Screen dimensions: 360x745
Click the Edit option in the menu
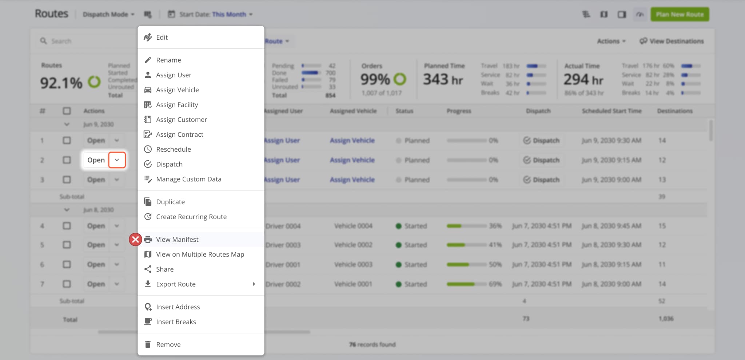162,37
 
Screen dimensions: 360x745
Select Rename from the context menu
168,60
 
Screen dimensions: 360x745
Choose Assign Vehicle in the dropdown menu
177,90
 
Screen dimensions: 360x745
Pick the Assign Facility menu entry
177,105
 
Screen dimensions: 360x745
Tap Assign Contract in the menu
179,135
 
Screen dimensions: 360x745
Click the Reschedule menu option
173,150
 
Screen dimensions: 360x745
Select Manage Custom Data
188,179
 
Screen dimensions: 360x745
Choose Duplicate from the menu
170,202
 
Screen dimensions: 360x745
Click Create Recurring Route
191,217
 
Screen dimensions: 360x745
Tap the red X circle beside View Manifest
135,240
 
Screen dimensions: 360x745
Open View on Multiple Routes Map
200,255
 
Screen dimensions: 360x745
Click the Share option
164,269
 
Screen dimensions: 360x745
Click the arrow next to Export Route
254,284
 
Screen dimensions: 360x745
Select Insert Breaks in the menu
176,322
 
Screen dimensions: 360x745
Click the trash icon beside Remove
148,345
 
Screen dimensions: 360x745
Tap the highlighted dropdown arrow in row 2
117,160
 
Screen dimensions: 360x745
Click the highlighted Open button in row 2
96,160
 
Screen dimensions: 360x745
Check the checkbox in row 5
67,245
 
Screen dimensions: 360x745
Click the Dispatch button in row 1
541,141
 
